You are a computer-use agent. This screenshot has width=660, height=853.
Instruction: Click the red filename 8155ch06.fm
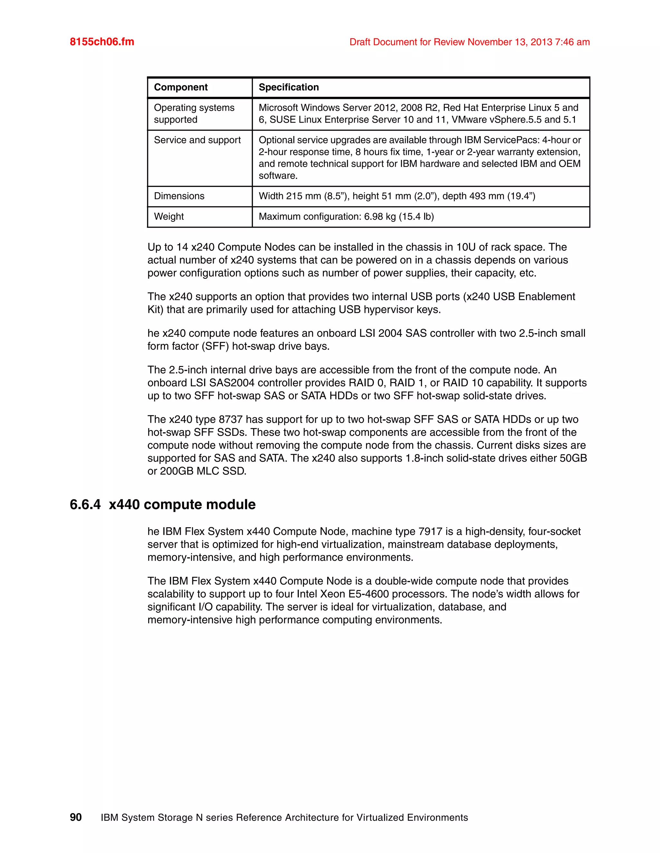click(102, 42)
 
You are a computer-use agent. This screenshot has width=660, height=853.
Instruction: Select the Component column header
click(181, 87)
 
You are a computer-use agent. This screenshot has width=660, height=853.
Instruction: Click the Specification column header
click(288, 87)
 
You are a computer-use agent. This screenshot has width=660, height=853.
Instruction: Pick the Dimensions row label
click(179, 196)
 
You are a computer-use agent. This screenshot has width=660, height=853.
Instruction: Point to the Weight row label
click(169, 216)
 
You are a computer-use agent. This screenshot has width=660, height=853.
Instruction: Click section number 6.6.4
click(85, 505)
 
